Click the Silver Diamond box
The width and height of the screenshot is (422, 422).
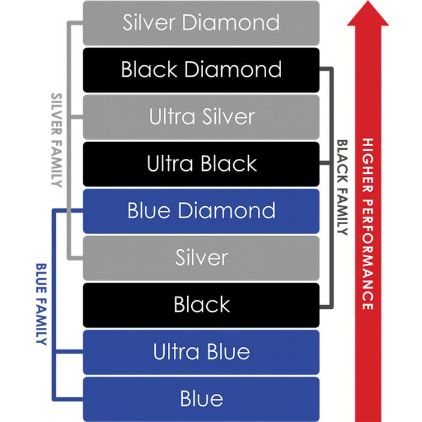pos(201,23)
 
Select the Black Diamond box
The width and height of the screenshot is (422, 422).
pos(201,70)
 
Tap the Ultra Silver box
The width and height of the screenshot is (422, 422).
pos(201,116)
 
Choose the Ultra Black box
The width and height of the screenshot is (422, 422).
pos(201,164)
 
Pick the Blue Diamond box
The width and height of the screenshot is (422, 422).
pos(201,211)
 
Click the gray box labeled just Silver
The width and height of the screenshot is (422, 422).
pos(201,258)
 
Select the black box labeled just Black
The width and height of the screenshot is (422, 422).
pos(201,305)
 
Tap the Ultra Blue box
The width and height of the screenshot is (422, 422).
pos(201,352)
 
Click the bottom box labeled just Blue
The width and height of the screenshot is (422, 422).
pos(201,399)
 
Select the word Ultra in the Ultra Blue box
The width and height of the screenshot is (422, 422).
pos(171,352)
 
